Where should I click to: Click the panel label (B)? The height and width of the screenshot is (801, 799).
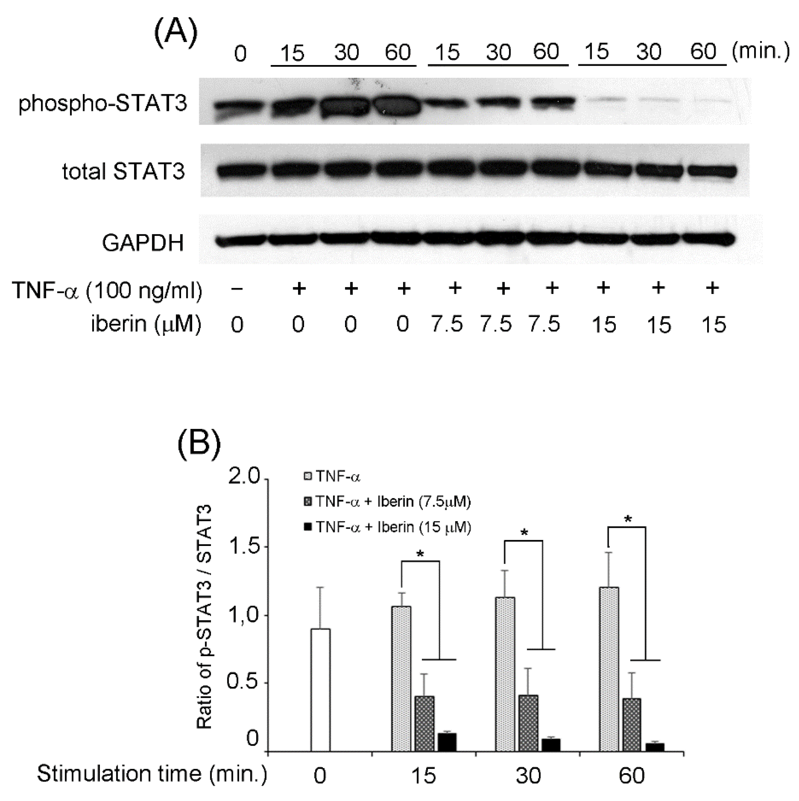click(x=199, y=446)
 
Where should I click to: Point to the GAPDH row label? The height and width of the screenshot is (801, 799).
click(x=143, y=243)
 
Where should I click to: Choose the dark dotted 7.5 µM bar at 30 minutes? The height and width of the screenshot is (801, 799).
click(x=528, y=723)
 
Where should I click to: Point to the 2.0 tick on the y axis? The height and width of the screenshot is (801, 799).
click(x=246, y=478)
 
